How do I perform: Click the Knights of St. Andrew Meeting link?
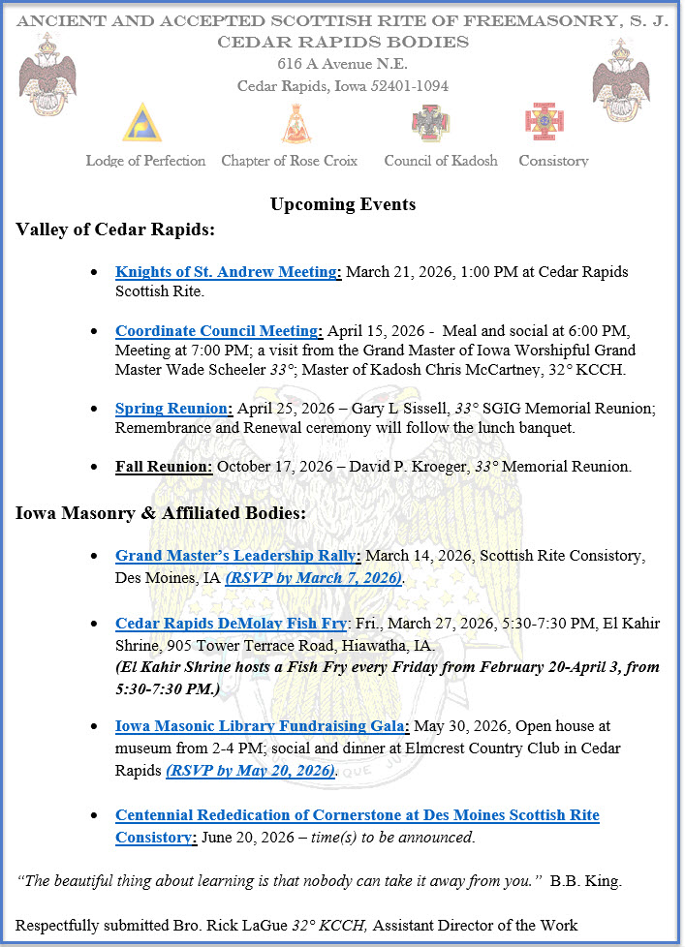tap(226, 272)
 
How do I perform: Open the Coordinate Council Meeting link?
tap(217, 331)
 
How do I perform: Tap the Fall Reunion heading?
tap(163, 467)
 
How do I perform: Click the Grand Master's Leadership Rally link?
tap(237, 556)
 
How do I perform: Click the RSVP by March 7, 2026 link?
tap(314, 578)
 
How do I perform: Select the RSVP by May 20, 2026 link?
tap(251, 771)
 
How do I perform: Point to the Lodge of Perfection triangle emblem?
tap(141, 123)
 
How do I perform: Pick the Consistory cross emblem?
tap(544, 123)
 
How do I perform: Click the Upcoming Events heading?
tap(343, 204)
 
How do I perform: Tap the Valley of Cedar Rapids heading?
tap(115, 229)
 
